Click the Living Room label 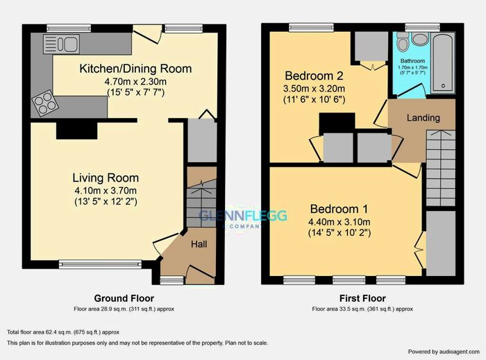(x=107, y=178)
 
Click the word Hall (x=199, y=244)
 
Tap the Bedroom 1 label (x=339, y=209)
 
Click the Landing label (x=423, y=118)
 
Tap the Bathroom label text (x=413, y=60)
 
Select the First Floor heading (x=362, y=299)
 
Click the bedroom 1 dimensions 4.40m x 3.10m (x=339, y=222)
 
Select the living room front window (x=88, y=264)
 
